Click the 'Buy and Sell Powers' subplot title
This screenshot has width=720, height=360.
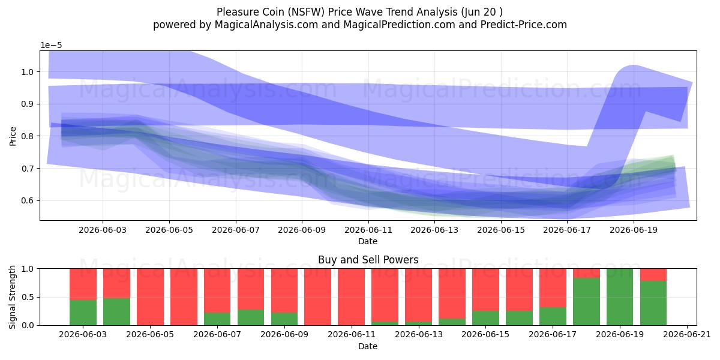368,260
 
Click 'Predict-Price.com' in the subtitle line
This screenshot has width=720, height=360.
524,25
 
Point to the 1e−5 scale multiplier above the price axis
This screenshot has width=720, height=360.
51,46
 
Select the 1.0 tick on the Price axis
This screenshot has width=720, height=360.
28,72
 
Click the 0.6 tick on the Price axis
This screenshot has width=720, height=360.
28,200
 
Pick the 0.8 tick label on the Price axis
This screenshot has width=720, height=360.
28,136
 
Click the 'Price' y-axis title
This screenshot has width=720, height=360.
13,136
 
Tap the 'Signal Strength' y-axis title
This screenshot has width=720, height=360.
12,297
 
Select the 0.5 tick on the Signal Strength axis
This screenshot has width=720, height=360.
28,297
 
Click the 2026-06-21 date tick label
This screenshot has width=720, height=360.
687,335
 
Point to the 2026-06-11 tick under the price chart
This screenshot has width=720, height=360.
368,230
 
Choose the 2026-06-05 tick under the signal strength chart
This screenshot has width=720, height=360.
150,335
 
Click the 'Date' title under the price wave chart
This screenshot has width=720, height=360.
368,241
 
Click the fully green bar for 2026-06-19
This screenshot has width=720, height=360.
620,297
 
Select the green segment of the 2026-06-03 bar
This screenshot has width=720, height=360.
83,313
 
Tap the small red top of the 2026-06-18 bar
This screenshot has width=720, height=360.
586,273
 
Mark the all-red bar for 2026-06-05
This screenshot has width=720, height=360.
150,297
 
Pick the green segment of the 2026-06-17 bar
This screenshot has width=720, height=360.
553,316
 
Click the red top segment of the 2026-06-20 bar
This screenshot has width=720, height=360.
653,275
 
